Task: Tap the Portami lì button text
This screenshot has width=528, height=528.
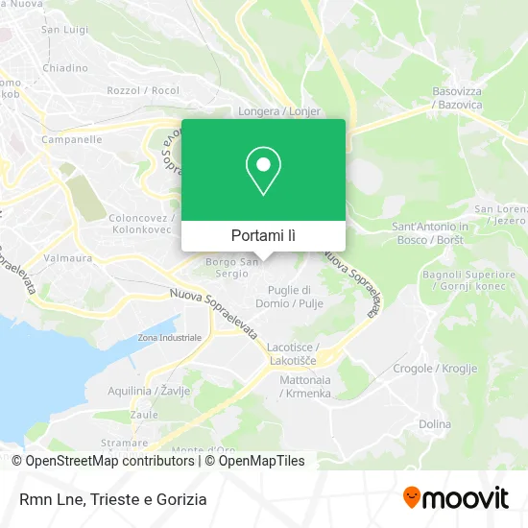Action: click(x=263, y=235)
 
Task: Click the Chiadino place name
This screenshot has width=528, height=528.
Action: click(x=65, y=67)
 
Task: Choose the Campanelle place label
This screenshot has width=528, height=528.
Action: click(x=72, y=139)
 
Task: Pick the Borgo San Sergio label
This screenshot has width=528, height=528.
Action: click(x=232, y=266)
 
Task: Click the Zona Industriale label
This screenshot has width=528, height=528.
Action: click(x=169, y=338)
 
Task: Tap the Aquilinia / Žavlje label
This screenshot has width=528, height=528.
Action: click(x=149, y=390)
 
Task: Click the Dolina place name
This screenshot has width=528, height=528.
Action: click(x=435, y=423)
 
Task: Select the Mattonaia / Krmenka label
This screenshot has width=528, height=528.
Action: click(x=305, y=387)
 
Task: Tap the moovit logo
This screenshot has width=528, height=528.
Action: click(x=455, y=497)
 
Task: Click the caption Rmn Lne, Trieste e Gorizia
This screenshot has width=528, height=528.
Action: click(x=110, y=498)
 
